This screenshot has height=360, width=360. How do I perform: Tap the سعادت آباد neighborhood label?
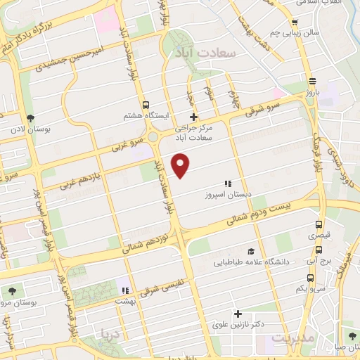[210, 52]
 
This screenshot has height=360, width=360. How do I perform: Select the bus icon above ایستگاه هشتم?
[146, 103]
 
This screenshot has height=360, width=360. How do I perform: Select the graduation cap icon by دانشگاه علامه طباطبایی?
[250, 251]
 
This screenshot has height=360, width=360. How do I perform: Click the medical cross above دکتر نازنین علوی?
[238, 314]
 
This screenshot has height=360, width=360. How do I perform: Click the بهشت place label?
[125, 301]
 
